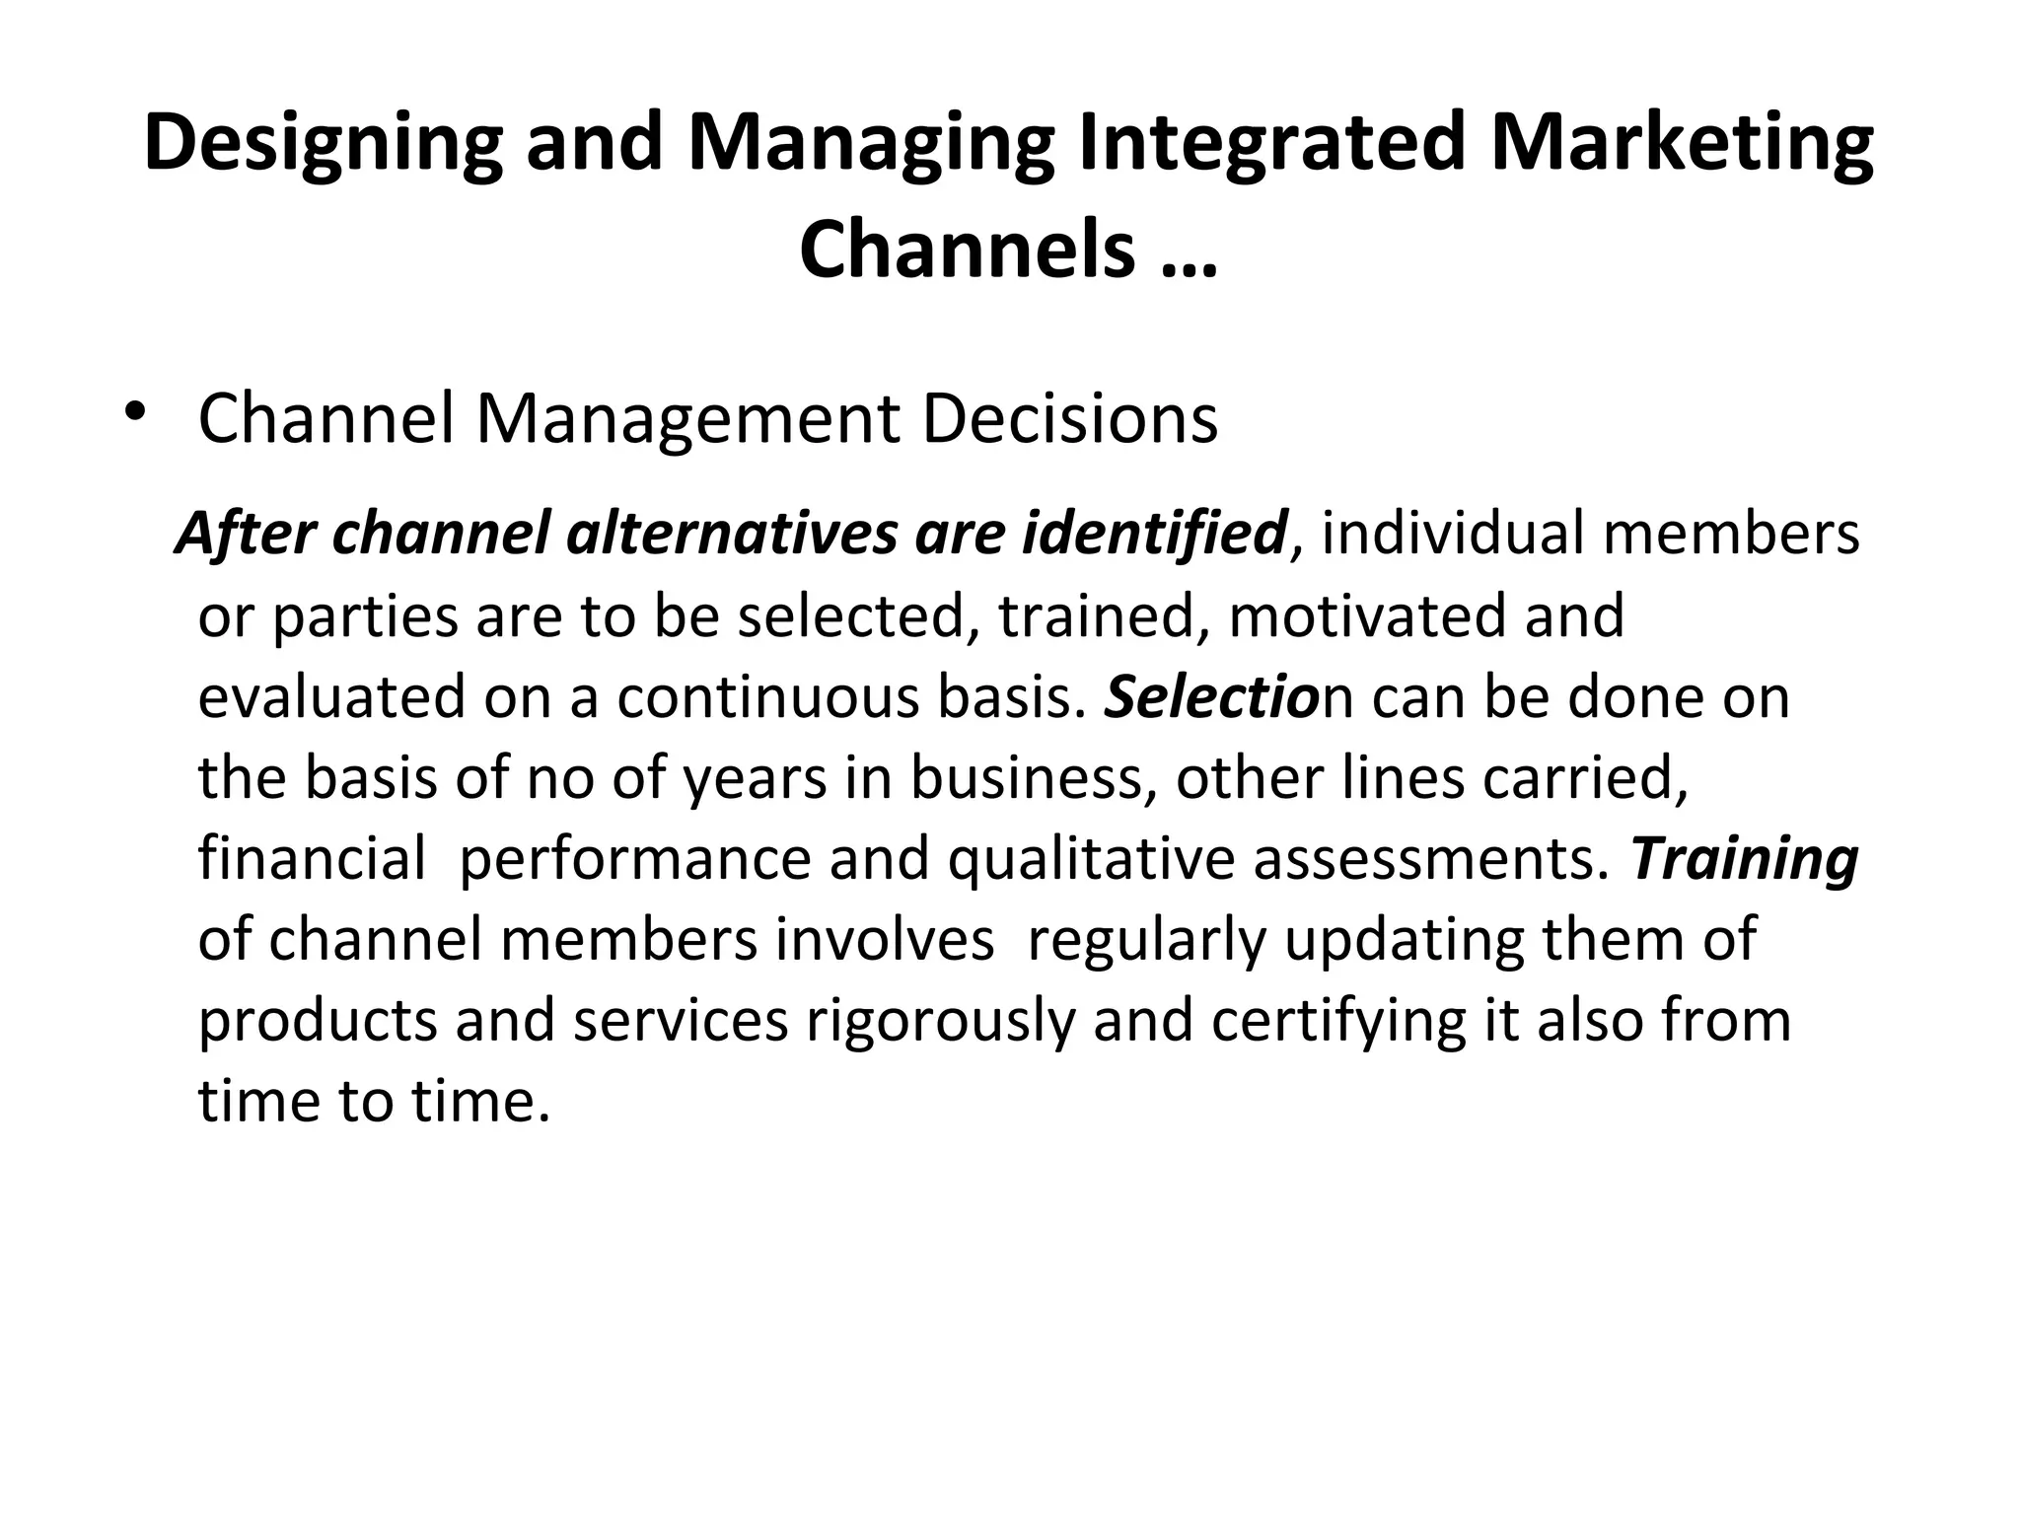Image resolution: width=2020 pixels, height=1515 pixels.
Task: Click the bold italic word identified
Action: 1154,534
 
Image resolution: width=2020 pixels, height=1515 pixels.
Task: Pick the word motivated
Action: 1367,615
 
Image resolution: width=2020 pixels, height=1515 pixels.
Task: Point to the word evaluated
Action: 331,696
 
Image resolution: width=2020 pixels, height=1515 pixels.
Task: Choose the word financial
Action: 312,858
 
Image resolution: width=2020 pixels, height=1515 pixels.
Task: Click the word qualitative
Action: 1091,858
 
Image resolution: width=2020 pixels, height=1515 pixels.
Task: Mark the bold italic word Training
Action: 1744,858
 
